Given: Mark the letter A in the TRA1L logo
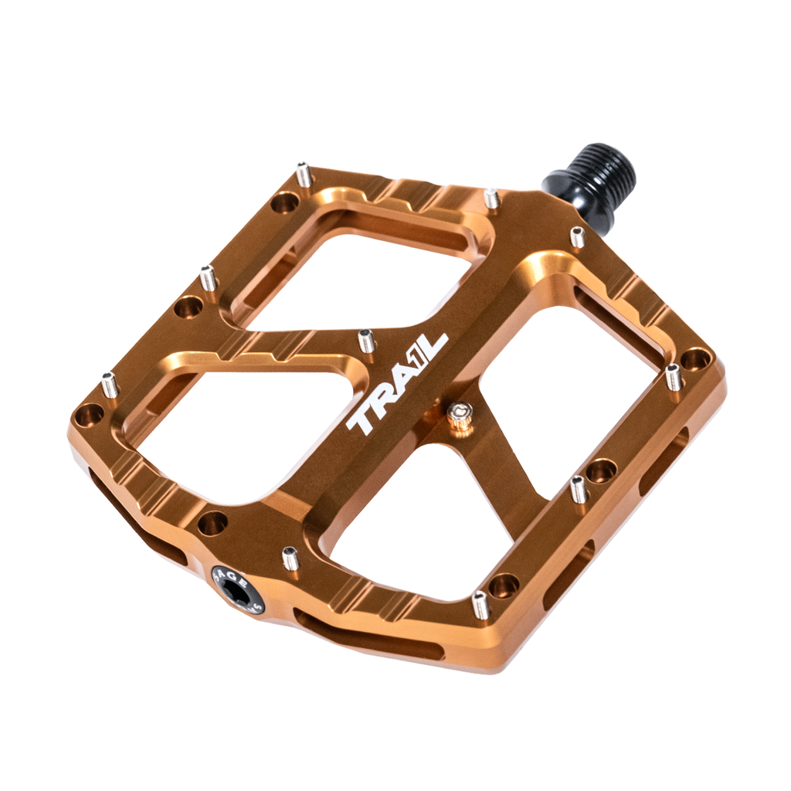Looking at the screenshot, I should (399, 380).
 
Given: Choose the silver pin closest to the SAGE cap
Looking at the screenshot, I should (290, 558).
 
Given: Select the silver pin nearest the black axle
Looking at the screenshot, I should (577, 236).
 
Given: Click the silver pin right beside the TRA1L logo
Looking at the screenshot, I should (367, 340).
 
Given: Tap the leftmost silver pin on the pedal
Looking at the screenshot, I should (110, 384).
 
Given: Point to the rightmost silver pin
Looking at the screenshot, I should (673, 376).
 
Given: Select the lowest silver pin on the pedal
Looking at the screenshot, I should (480, 605).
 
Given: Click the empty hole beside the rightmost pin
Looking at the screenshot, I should (695, 358).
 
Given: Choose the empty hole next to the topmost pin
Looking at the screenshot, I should (285, 203).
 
